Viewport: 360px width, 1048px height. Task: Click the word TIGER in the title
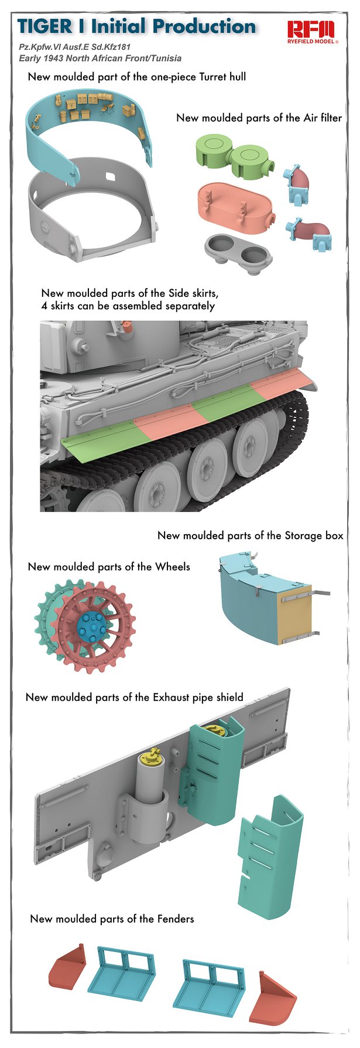click(45, 26)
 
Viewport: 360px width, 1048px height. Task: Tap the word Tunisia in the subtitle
click(166, 58)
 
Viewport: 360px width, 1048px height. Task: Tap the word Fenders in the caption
click(172, 919)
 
